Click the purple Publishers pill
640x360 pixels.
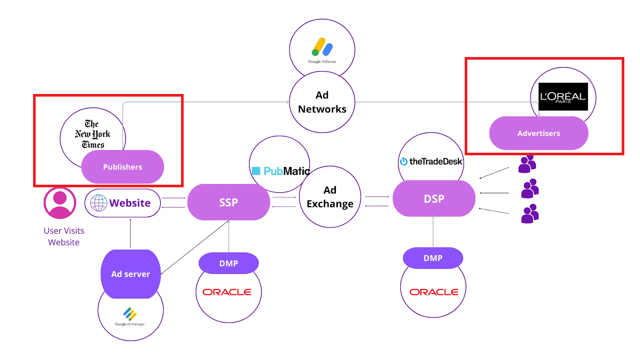pyautogui.click(x=122, y=167)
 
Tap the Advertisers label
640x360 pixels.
pyautogui.click(x=538, y=133)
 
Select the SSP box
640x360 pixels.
pyautogui.click(x=228, y=202)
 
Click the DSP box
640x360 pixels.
pyautogui.click(x=434, y=198)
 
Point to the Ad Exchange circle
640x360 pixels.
pyautogui.click(x=330, y=197)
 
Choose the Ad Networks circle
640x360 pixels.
pyautogui.click(x=322, y=102)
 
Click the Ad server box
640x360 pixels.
pyautogui.click(x=130, y=274)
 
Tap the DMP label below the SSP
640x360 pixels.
pyautogui.click(x=228, y=263)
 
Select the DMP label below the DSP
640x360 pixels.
pyautogui.click(x=433, y=258)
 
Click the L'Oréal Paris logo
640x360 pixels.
pyautogui.click(x=563, y=96)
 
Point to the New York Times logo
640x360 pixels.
pyautogui.click(x=92, y=134)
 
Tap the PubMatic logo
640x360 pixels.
pyautogui.click(x=281, y=171)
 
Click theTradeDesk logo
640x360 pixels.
pyautogui.click(x=431, y=162)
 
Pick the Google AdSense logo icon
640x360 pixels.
pyautogui.click(x=322, y=47)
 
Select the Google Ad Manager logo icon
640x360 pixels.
pyautogui.click(x=130, y=314)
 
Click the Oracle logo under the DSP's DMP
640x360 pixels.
pyautogui.click(x=434, y=292)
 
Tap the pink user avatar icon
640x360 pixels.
pyautogui.click(x=60, y=203)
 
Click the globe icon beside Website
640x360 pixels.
pyautogui.click(x=98, y=203)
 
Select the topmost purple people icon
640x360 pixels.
pyautogui.click(x=527, y=164)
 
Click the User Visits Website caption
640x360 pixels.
pyautogui.click(x=64, y=236)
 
